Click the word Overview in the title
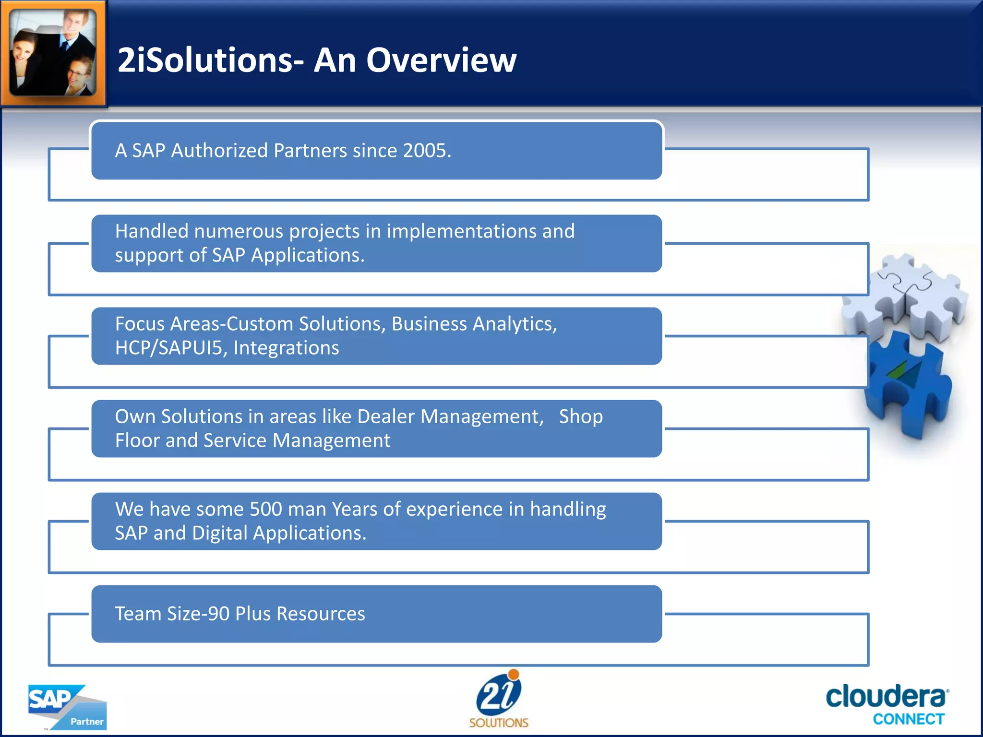click(441, 60)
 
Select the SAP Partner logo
click(67, 706)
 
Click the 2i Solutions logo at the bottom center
click(499, 699)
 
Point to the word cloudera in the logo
click(886, 697)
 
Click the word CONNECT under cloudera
click(908, 719)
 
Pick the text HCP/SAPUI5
click(171, 348)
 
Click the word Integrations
click(286, 348)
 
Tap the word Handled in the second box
click(152, 231)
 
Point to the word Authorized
click(219, 151)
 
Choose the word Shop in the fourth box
click(580, 416)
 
